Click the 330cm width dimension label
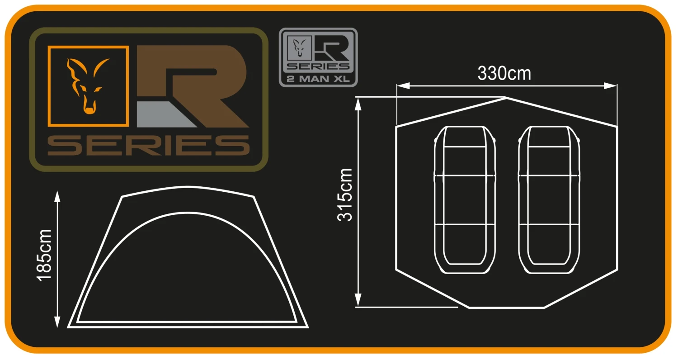(x=504, y=73)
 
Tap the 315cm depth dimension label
(x=345, y=194)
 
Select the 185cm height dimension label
(x=45, y=255)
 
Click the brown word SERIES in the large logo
(x=149, y=145)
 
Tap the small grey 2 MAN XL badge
(x=318, y=57)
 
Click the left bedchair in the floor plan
(x=465, y=199)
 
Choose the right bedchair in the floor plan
(x=549, y=199)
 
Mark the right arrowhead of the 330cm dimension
(x=611, y=86)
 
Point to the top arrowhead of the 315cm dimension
(x=358, y=104)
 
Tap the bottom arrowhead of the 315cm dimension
(x=358, y=300)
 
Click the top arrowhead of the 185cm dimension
(x=57, y=197)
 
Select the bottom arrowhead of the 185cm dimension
(x=57, y=321)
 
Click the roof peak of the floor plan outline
(x=506, y=98)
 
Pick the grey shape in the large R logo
(x=163, y=114)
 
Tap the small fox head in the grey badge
(x=299, y=47)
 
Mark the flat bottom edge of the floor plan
(x=506, y=308)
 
